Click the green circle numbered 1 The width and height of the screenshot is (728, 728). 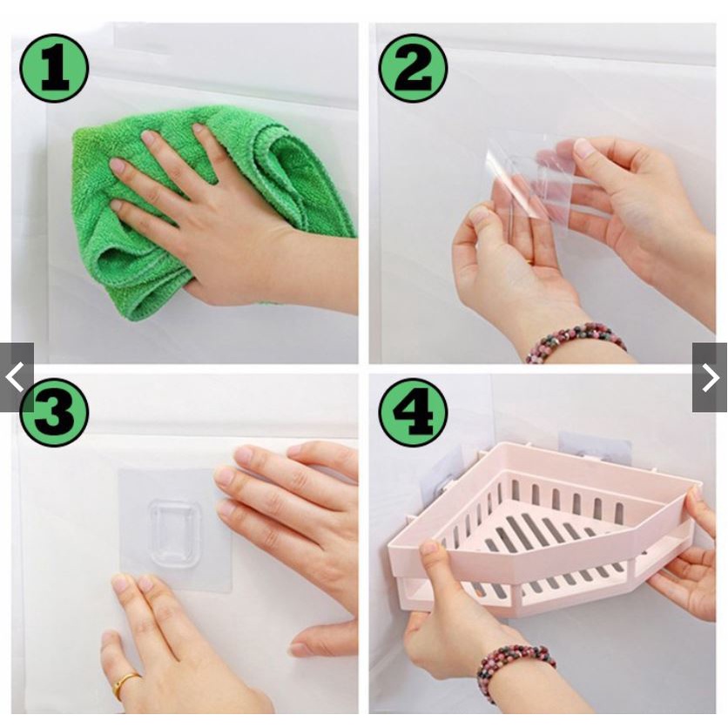coord(54,68)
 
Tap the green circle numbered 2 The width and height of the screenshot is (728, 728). coord(413,68)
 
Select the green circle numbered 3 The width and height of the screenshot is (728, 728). coord(54,412)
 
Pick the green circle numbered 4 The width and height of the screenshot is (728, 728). coord(413,412)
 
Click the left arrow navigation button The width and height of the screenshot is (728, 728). coord(17,377)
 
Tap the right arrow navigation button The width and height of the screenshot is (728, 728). coord(710,377)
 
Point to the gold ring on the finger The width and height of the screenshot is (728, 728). coord(124,684)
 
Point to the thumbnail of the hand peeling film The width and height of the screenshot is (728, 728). coord(583,147)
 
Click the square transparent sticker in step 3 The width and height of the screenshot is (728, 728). coord(175,530)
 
